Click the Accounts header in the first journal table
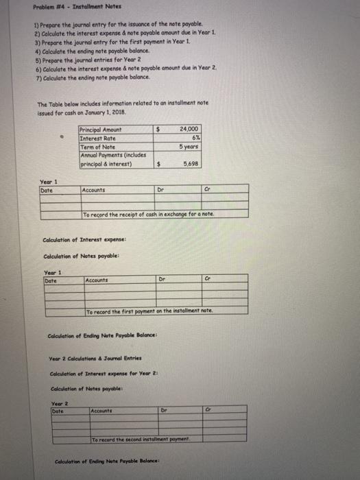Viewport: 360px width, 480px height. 93,190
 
